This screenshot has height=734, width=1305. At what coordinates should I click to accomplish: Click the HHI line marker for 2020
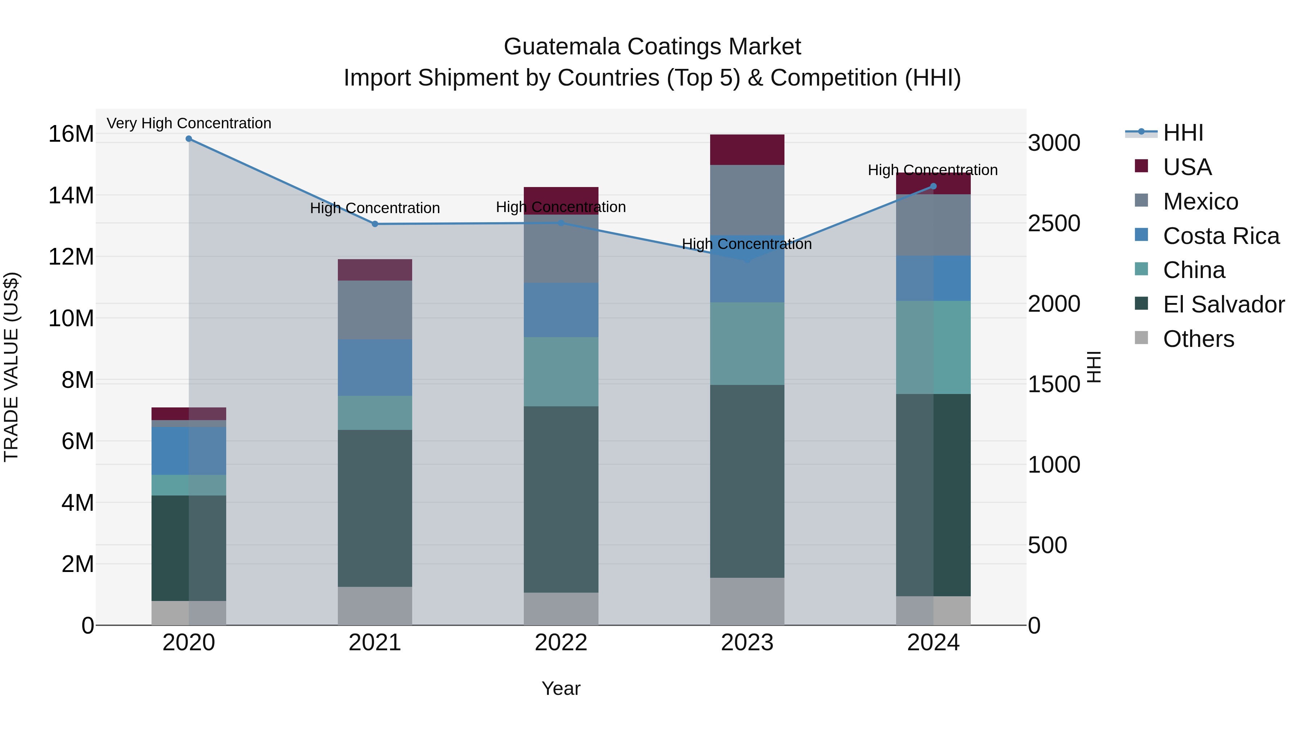click(189, 139)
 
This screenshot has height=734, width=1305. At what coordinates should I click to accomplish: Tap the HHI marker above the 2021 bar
click(375, 224)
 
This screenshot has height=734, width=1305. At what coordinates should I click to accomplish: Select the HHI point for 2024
click(934, 186)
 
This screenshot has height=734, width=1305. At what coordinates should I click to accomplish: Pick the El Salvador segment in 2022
click(561, 499)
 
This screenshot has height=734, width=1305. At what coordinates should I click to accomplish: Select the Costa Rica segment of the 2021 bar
click(375, 367)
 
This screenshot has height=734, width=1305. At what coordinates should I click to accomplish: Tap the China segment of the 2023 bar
click(747, 344)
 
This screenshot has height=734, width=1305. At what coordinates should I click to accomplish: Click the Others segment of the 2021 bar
click(375, 606)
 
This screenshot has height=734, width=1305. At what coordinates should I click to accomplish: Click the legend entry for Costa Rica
click(1221, 236)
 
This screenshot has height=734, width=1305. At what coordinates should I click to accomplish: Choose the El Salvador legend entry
click(1223, 304)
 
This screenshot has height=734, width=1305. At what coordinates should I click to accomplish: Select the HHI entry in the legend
click(1183, 133)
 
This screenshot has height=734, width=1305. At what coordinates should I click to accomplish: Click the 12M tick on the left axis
click(71, 257)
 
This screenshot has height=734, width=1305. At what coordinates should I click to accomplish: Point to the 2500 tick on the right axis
click(1054, 223)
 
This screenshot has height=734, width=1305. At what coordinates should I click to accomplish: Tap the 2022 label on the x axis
click(561, 643)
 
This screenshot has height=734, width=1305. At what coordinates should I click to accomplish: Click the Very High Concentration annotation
click(189, 123)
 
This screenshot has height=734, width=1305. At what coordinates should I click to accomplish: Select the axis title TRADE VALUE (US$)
click(11, 367)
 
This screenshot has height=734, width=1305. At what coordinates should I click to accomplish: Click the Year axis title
click(561, 688)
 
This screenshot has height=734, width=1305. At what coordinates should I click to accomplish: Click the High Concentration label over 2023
click(747, 244)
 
